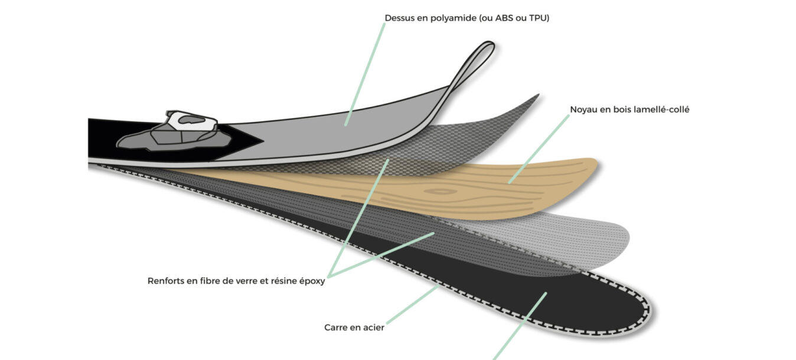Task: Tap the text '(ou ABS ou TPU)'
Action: pyautogui.click(x=514, y=18)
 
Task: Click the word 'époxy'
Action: pyautogui.click(x=312, y=282)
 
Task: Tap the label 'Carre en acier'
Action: pyautogui.click(x=354, y=328)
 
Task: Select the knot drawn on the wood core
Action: pyautogui.click(x=441, y=192)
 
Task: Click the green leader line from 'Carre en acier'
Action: pyautogui.click(x=413, y=305)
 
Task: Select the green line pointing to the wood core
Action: pyautogui.click(x=539, y=149)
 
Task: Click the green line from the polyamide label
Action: pyautogui.click(x=365, y=74)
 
